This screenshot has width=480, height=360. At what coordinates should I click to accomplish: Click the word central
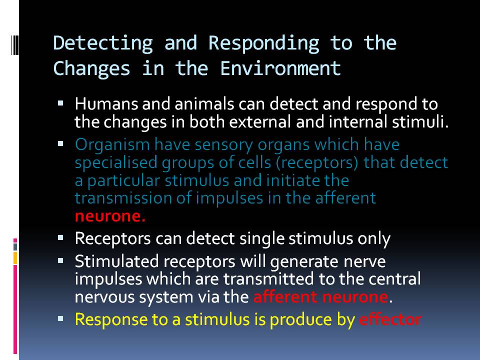coord(391,278)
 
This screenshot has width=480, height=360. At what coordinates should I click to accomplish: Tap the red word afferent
coord(283,297)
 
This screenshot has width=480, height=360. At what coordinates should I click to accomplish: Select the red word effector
coord(390,319)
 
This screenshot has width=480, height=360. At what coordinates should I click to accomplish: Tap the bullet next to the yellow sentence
coord(60,318)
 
